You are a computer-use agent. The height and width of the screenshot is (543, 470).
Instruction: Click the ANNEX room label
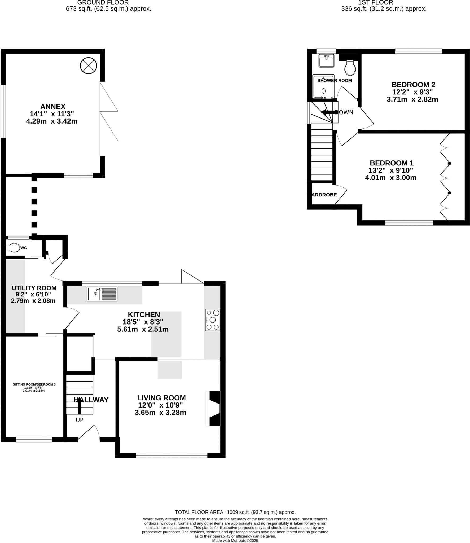pyautogui.click(x=53, y=107)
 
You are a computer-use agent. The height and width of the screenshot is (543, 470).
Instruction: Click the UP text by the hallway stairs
pyautogui.click(x=80, y=420)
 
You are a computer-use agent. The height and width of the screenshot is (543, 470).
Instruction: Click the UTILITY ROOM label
pyautogui.click(x=34, y=288)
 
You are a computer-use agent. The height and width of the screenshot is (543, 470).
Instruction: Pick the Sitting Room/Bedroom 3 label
pyautogui.click(x=34, y=384)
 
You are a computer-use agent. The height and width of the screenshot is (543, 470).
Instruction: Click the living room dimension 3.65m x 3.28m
pyautogui.click(x=160, y=413)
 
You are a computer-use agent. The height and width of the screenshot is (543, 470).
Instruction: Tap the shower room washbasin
pyautogui.click(x=326, y=61)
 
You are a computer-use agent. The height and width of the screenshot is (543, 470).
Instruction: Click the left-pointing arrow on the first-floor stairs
pyautogui.click(x=329, y=112)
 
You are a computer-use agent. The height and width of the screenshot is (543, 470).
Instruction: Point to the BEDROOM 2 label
pyautogui.click(x=413, y=85)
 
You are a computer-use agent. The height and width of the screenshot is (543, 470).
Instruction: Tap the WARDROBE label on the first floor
pyautogui.click(x=323, y=195)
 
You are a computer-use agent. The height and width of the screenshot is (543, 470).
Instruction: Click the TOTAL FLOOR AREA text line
pyautogui.click(x=235, y=512)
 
